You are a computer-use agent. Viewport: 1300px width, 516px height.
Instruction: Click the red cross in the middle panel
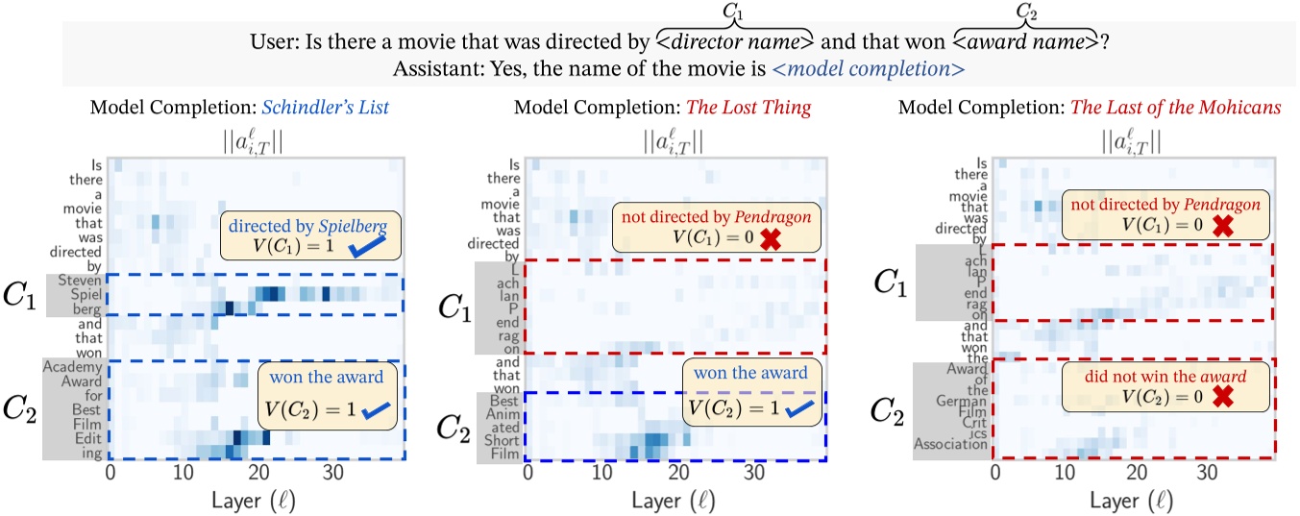coord(769,241)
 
